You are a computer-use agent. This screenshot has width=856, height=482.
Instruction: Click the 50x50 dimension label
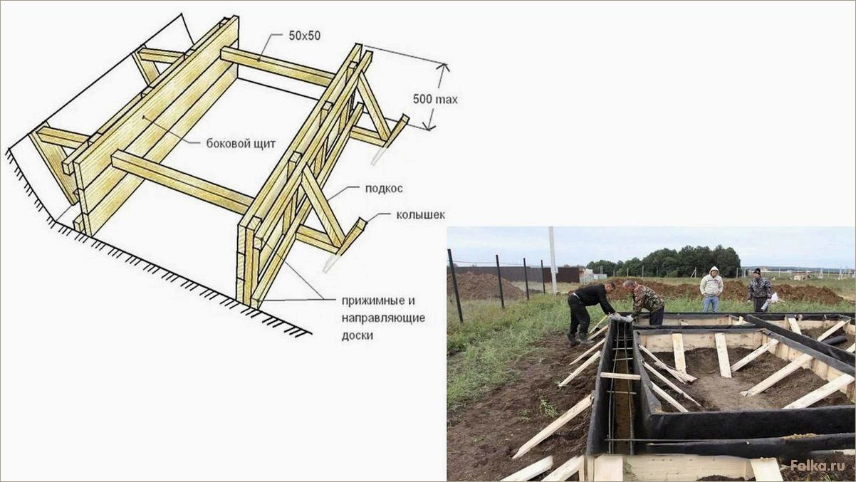pyautogui.click(x=305, y=36)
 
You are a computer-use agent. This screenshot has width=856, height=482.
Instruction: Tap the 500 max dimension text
pyautogui.click(x=435, y=99)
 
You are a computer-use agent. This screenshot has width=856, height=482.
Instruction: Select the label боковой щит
pyautogui.click(x=241, y=144)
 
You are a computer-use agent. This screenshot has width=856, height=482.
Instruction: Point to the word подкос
pyautogui.click(x=384, y=189)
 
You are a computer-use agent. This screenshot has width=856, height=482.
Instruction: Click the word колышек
pyautogui.click(x=420, y=214)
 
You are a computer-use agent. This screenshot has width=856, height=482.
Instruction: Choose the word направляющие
pyautogui.click(x=383, y=318)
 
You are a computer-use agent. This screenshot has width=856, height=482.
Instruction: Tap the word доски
pyautogui.click(x=357, y=335)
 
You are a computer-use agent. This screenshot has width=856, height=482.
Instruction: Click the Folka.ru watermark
pyautogui.click(x=818, y=466)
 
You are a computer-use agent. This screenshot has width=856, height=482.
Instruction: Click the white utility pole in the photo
pyautogui.click(x=553, y=260)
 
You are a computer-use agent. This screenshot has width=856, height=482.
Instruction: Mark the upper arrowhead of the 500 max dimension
pyautogui.click(x=443, y=68)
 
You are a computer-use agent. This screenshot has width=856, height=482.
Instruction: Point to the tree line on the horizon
pyautogui.click(x=663, y=262)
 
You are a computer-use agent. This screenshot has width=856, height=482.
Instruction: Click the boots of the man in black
pyautogui.click(x=579, y=340)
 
